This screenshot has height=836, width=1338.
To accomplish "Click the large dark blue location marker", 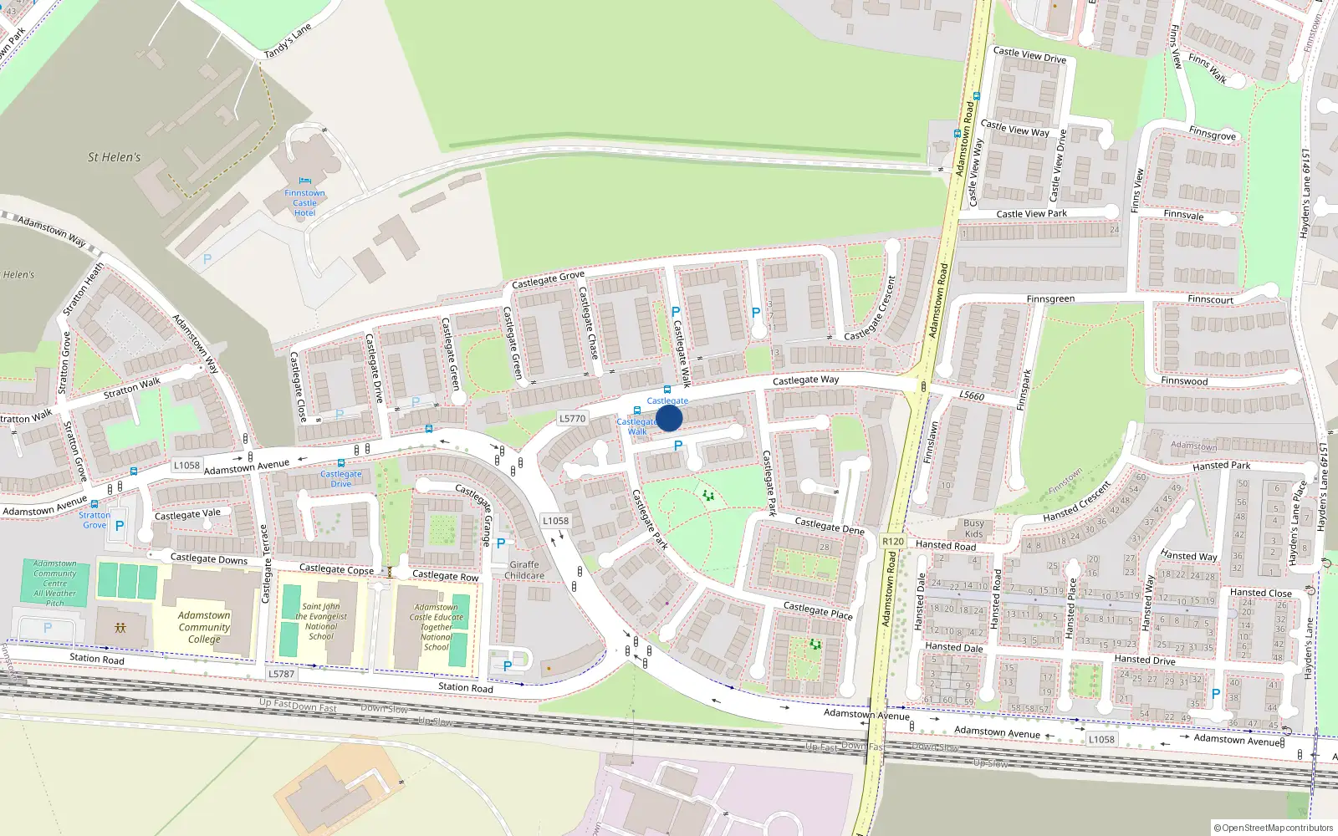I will [x=669, y=418].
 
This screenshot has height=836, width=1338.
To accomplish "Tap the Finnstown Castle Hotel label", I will [x=304, y=203].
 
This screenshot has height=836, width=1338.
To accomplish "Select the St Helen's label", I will [x=115, y=157].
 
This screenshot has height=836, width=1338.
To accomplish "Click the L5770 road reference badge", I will [x=572, y=418].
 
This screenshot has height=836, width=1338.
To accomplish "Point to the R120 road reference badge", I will [x=893, y=541].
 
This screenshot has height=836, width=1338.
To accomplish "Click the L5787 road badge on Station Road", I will [x=282, y=674].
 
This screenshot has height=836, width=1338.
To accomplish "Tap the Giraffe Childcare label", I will [x=524, y=570].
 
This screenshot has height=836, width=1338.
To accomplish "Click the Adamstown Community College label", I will [x=204, y=627].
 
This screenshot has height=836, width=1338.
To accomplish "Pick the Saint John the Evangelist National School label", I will [x=321, y=621].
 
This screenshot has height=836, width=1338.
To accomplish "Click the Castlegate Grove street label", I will [x=548, y=279].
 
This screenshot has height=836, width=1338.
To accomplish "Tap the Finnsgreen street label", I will [x=1050, y=298].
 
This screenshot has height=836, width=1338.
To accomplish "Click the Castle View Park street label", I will [x=1031, y=213].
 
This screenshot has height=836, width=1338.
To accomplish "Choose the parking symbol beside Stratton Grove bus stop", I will [x=120, y=526].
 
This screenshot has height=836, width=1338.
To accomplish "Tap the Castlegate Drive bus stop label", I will [x=341, y=478].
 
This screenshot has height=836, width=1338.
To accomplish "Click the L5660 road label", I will [x=972, y=395].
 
